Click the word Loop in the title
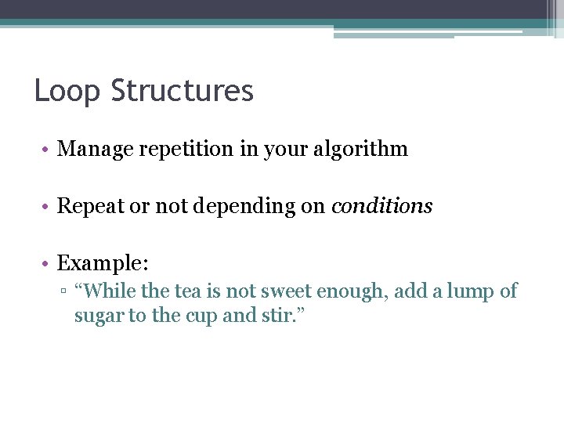click(68, 91)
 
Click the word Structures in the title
click(183, 91)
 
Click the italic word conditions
click(381, 206)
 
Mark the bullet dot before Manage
click(48, 150)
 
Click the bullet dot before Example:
click(48, 264)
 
